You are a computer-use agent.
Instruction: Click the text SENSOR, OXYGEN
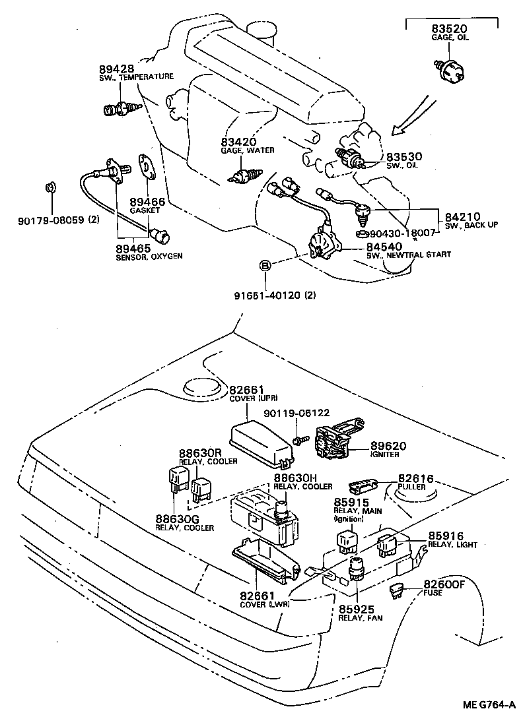point(149,256)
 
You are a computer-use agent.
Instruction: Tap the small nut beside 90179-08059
point(50,188)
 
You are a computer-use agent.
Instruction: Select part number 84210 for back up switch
point(462,216)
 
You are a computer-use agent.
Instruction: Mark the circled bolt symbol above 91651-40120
point(265,266)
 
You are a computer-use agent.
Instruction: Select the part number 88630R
point(199,453)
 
